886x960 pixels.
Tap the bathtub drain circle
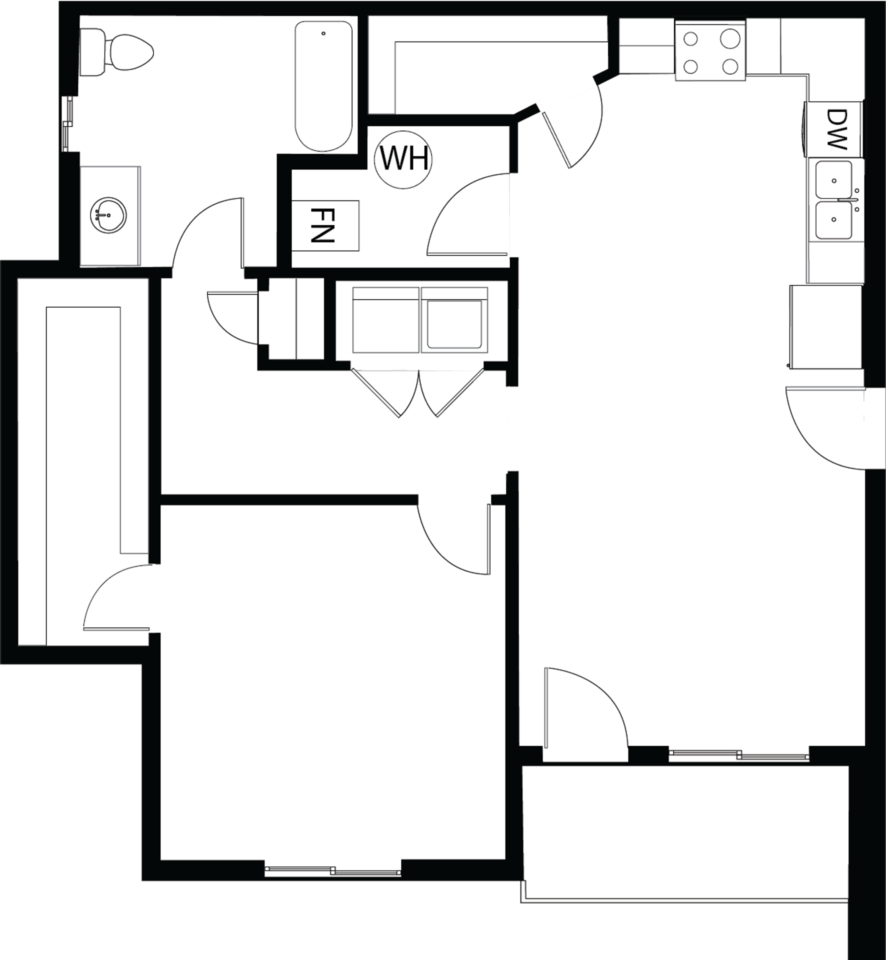pyautogui.click(x=323, y=33)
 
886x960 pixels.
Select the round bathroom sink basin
pyautogui.click(x=108, y=215)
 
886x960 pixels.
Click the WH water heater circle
pyautogui.click(x=403, y=160)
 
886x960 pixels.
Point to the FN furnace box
pyautogui.click(x=325, y=225)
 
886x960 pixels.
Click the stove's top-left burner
pyautogui.click(x=690, y=38)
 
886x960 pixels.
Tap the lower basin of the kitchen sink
pyautogui.click(x=833, y=220)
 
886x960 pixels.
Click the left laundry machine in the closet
pyautogui.click(x=385, y=320)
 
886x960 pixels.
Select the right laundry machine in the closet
pyautogui.click(x=454, y=320)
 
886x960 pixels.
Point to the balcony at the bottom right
pyautogui.click(x=685, y=830)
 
